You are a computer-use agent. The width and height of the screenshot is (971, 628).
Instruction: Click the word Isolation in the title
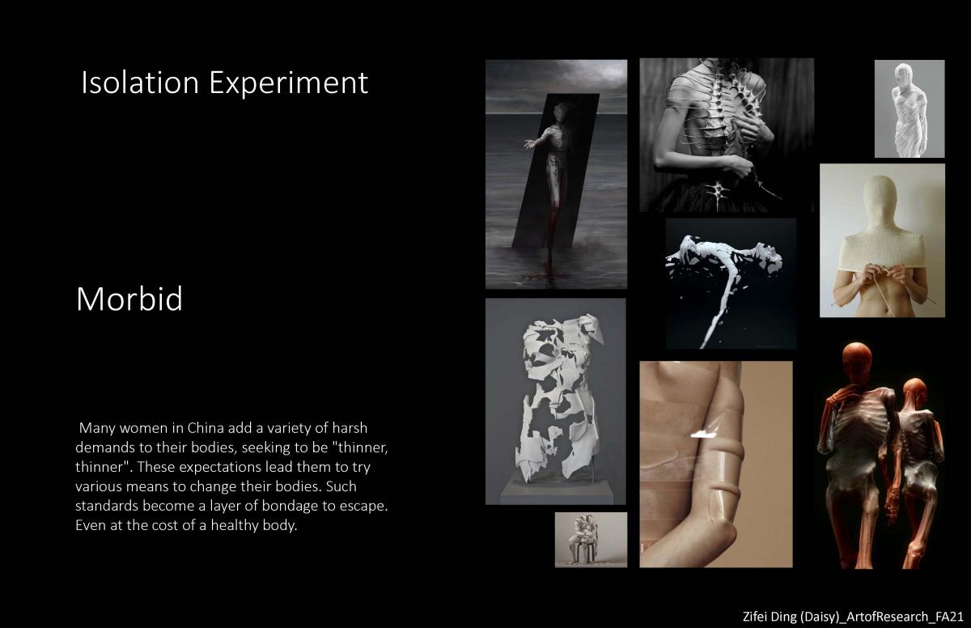[x=140, y=83]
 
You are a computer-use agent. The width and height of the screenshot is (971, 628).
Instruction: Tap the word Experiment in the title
[x=289, y=84]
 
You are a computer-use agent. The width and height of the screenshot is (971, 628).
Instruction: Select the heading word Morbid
[x=129, y=299]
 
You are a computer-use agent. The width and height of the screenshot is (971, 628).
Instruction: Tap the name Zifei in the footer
[x=755, y=617]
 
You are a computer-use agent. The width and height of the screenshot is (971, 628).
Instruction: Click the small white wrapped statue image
[x=910, y=108]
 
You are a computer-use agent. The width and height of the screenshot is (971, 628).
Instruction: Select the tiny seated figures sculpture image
[x=591, y=540]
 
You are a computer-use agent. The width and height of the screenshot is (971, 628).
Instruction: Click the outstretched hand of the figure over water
[x=530, y=144]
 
